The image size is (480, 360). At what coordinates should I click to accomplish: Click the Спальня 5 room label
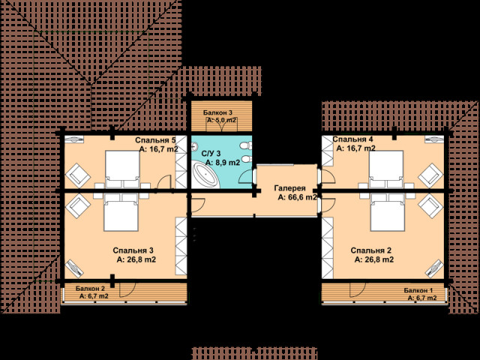pos(155,140)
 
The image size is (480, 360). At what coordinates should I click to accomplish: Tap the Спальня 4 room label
pos(352,139)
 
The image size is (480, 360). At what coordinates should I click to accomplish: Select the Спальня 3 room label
pos(133,250)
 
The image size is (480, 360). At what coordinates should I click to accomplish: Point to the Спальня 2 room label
pos(371,250)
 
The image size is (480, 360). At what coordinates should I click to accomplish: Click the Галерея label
pos(289,188)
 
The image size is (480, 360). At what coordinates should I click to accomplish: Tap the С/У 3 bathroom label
pos(211,153)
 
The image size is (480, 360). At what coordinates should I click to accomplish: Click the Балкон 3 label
pos(217,112)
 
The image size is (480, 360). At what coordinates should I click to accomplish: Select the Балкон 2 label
pos(90,288)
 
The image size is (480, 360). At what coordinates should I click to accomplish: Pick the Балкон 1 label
pos(418,290)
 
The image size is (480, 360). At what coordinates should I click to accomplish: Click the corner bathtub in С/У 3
pos(205,176)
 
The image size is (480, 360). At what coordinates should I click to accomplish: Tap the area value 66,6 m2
pos(297,197)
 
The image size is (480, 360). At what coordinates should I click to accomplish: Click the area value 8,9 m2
pos(223,163)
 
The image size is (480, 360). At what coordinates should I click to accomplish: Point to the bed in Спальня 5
pos(122,169)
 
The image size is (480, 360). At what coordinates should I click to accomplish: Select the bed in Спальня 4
pos(385,169)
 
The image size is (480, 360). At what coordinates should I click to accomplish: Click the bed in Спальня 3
pos(121,212)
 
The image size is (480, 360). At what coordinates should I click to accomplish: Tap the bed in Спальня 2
pos(388,212)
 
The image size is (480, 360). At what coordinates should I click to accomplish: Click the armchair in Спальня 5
pos(78,175)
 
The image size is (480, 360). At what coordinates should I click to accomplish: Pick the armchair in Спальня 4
pos(430,175)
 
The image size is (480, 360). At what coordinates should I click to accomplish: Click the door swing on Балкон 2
pos(127,289)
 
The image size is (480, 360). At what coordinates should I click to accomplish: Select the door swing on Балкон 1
pos(358,289)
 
